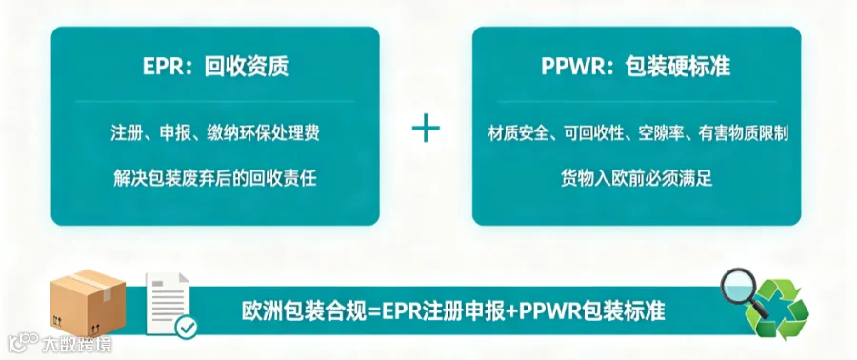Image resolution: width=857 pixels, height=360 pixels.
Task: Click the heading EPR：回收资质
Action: (215, 67)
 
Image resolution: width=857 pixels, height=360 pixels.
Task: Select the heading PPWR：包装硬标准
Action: (636, 67)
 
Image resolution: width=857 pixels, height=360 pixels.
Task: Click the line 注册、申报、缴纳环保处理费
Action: (215, 134)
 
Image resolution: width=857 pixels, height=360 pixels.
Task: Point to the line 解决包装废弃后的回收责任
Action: (215, 179)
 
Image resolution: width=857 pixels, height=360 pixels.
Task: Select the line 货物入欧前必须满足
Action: (637, 179)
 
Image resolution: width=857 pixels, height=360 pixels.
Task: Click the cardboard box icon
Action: (88, 304)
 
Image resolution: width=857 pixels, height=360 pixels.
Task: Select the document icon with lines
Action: (168, 304)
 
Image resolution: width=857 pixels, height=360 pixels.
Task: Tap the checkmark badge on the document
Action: (186, 328)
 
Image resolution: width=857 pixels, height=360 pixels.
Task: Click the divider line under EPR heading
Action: (215, 101)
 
